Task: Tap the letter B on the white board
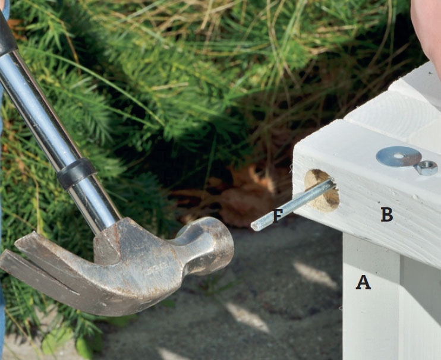click(387, 214)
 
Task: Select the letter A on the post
click(363, 282)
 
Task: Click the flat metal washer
click(399, 156)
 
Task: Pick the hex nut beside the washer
click(427, 168)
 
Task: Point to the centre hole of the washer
click(398, 156)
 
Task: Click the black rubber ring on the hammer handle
click(76, 173)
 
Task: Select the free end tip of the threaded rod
click(254, 226)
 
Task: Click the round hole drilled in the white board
click(322, 191)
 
